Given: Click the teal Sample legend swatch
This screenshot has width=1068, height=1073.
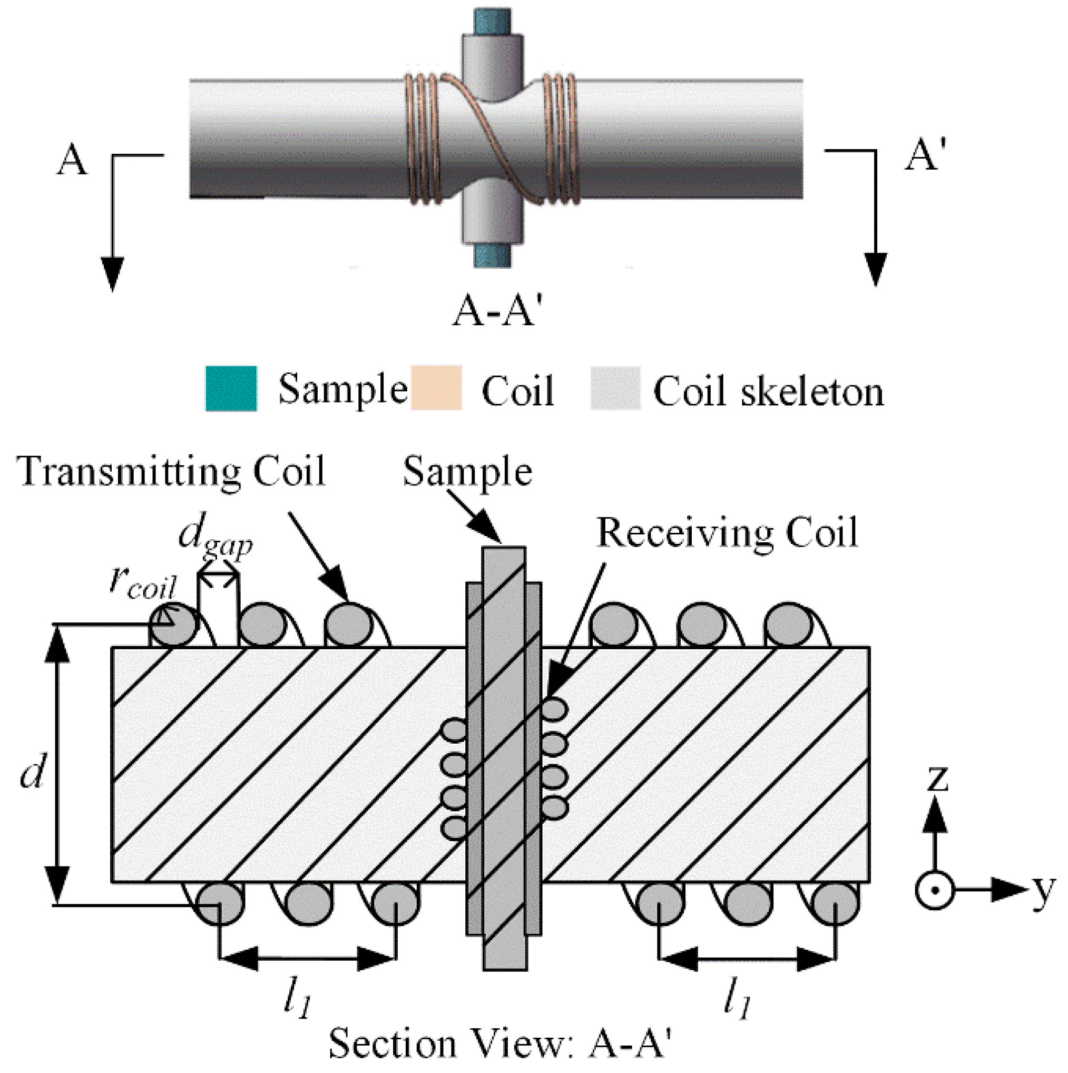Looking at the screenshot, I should (231, 388).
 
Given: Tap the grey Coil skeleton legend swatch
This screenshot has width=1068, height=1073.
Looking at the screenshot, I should (615, 388).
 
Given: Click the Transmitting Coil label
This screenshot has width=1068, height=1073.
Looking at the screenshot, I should (172, 472).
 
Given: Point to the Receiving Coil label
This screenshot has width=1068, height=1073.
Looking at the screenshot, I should (727, 533).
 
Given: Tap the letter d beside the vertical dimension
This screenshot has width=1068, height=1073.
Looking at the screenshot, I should (32, 772).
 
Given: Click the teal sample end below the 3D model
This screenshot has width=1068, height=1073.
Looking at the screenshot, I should (492, 256).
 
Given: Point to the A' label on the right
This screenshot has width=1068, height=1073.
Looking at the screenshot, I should (925, 155).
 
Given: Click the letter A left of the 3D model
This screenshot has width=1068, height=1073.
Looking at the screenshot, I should (72, 161).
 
